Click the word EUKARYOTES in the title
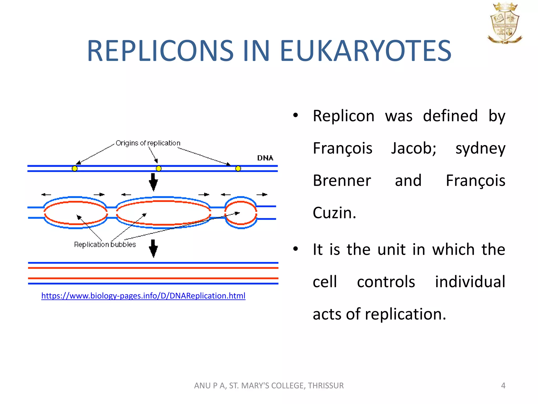[x=365, y=50]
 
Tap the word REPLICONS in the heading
[x=160, y=50]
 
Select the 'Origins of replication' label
[x=148, y=143]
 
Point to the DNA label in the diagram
[x=265, y=158]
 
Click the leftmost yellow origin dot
[x=75, y=169]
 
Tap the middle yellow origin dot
[x=159, y=169]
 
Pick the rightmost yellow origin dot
[x=238, y=169]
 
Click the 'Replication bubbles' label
[x=105, y=245]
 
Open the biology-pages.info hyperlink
[x=143, y=296]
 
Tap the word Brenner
[x=342, y=180]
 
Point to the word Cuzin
[x=334, y=213]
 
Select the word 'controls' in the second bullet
[x=386, y=282]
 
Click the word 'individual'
[x=470, y=282]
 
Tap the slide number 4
[x=503, y=386]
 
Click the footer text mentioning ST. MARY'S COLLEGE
[x=269, y=386]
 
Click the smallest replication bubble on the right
[x=241, y=213]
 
